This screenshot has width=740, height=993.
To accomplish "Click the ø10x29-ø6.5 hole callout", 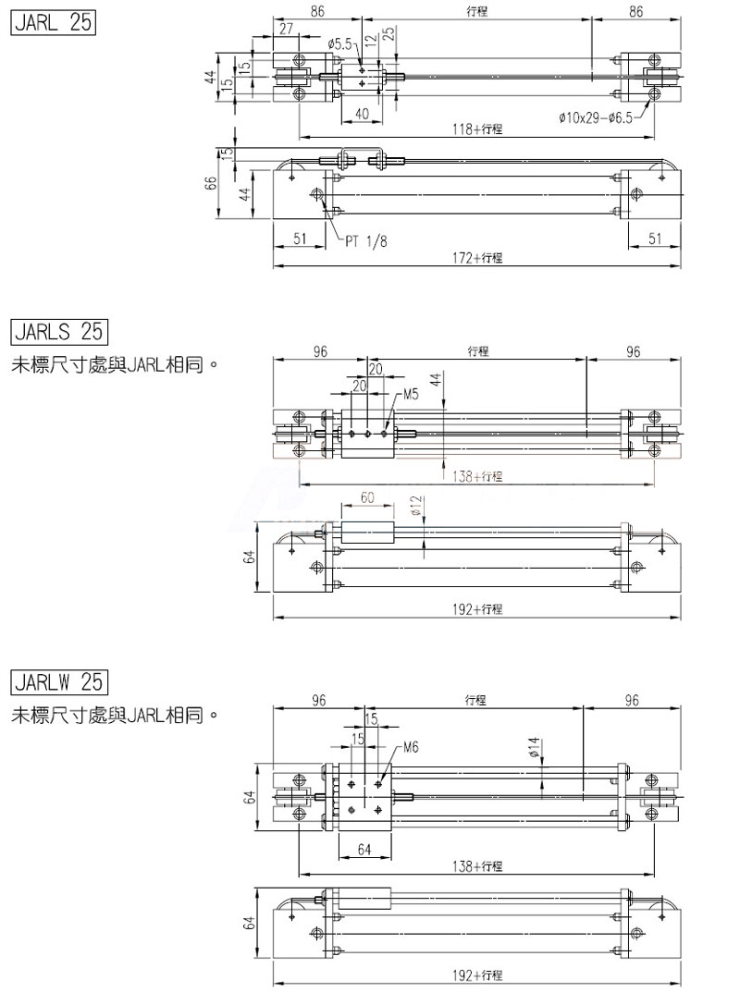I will coord(596,117).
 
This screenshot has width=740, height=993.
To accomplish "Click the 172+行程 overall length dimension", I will coord(478,259).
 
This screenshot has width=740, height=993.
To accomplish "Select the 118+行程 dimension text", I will coord(477,129).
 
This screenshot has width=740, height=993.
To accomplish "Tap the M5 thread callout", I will coord(412,394).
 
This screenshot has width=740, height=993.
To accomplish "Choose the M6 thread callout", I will coord(412,747).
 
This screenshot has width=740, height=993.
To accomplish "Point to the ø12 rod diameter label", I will coord(415,507).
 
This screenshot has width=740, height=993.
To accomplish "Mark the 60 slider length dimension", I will coord(367,497).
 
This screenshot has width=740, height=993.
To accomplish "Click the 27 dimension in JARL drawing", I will coord(286,30).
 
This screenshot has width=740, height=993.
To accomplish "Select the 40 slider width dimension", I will coord(362,114).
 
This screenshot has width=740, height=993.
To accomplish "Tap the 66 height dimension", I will coord(211,182).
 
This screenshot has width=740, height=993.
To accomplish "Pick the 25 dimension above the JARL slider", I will coord(388,34).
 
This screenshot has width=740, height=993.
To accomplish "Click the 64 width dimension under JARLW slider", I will coord(364,849).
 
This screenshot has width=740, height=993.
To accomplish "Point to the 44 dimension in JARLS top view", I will coord(434,377).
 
